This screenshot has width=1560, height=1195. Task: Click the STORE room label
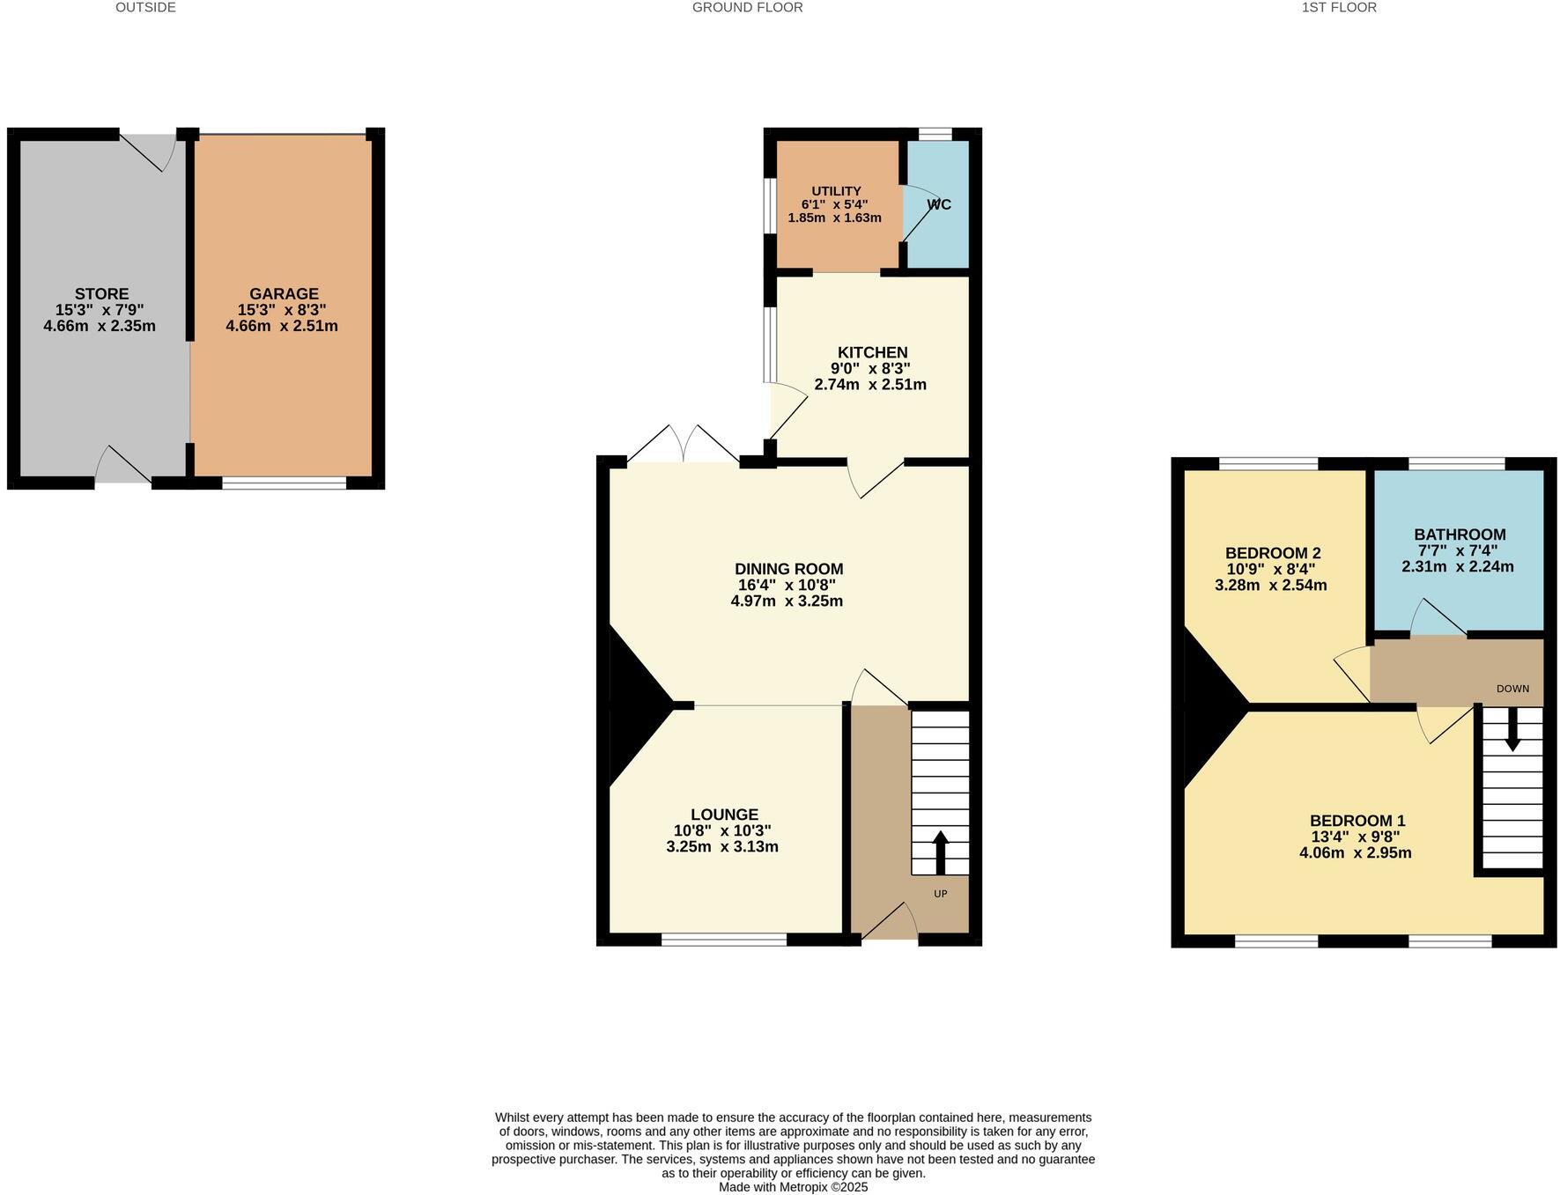(101, 294)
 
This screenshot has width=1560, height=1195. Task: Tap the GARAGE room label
(284, 294)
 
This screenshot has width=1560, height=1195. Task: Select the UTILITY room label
(836, 191)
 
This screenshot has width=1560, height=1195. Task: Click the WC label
(939, 204)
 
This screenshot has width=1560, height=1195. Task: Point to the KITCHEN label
(872, 352)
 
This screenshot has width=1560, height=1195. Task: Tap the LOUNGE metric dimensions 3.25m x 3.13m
(722, 847)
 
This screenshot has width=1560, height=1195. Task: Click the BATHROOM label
(1460, 535)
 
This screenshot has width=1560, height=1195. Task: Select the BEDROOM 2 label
(1273, 553)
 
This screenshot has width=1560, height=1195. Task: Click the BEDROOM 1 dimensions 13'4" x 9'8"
(1355, 837)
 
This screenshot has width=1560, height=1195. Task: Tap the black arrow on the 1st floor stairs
(1512, 729)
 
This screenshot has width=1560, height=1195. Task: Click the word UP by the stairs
(940, 894)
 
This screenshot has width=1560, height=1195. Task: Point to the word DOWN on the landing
(1512, 689)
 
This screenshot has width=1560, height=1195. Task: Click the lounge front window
(723, 940)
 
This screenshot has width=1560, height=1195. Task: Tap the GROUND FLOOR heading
(747, 8)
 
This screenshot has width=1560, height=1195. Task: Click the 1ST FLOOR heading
(1339, 8)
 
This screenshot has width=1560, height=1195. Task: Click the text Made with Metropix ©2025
(793, 1187)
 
